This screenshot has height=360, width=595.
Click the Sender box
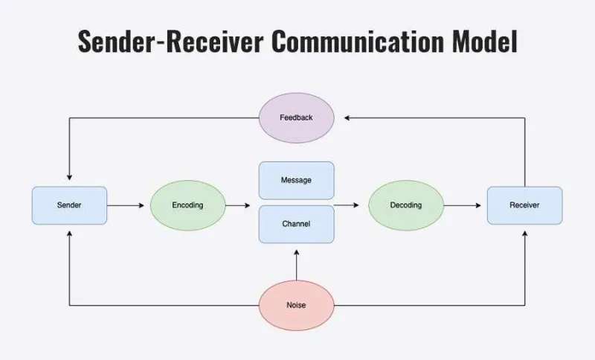[x=69, y=205]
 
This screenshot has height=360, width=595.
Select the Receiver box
[x=525, y=205]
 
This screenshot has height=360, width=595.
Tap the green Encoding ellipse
[x=188, y=205]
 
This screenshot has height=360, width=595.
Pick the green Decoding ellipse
[x=406, y=205]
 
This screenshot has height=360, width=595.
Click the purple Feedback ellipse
[x=296, y=118]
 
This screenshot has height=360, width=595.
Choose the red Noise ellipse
[x=296, y=306]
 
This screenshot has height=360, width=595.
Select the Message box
[x=296, y=180]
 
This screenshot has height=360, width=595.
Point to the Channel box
[x=296, y=224]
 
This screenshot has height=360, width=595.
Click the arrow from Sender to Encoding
[x=126, y=205]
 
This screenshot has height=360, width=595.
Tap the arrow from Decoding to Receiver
[x=463, y=205]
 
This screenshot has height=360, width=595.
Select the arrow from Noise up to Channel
[x=296, y=265]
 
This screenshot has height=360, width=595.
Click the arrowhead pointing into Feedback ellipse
[x=347, y=118]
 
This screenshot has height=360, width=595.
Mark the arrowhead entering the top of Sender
[x=69, y=177]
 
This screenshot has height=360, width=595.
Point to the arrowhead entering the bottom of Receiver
[x=525, y=234]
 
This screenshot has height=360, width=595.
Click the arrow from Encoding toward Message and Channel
[x=238, y=205]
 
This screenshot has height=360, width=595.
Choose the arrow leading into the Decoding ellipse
[x=347, y=205]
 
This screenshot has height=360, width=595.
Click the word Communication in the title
[x=358, y=41]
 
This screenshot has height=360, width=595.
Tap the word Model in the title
[x=485, y=41]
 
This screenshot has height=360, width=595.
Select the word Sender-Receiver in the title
[x=170, y=41]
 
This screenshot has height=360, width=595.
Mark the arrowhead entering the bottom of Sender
[x=69, y=234]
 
